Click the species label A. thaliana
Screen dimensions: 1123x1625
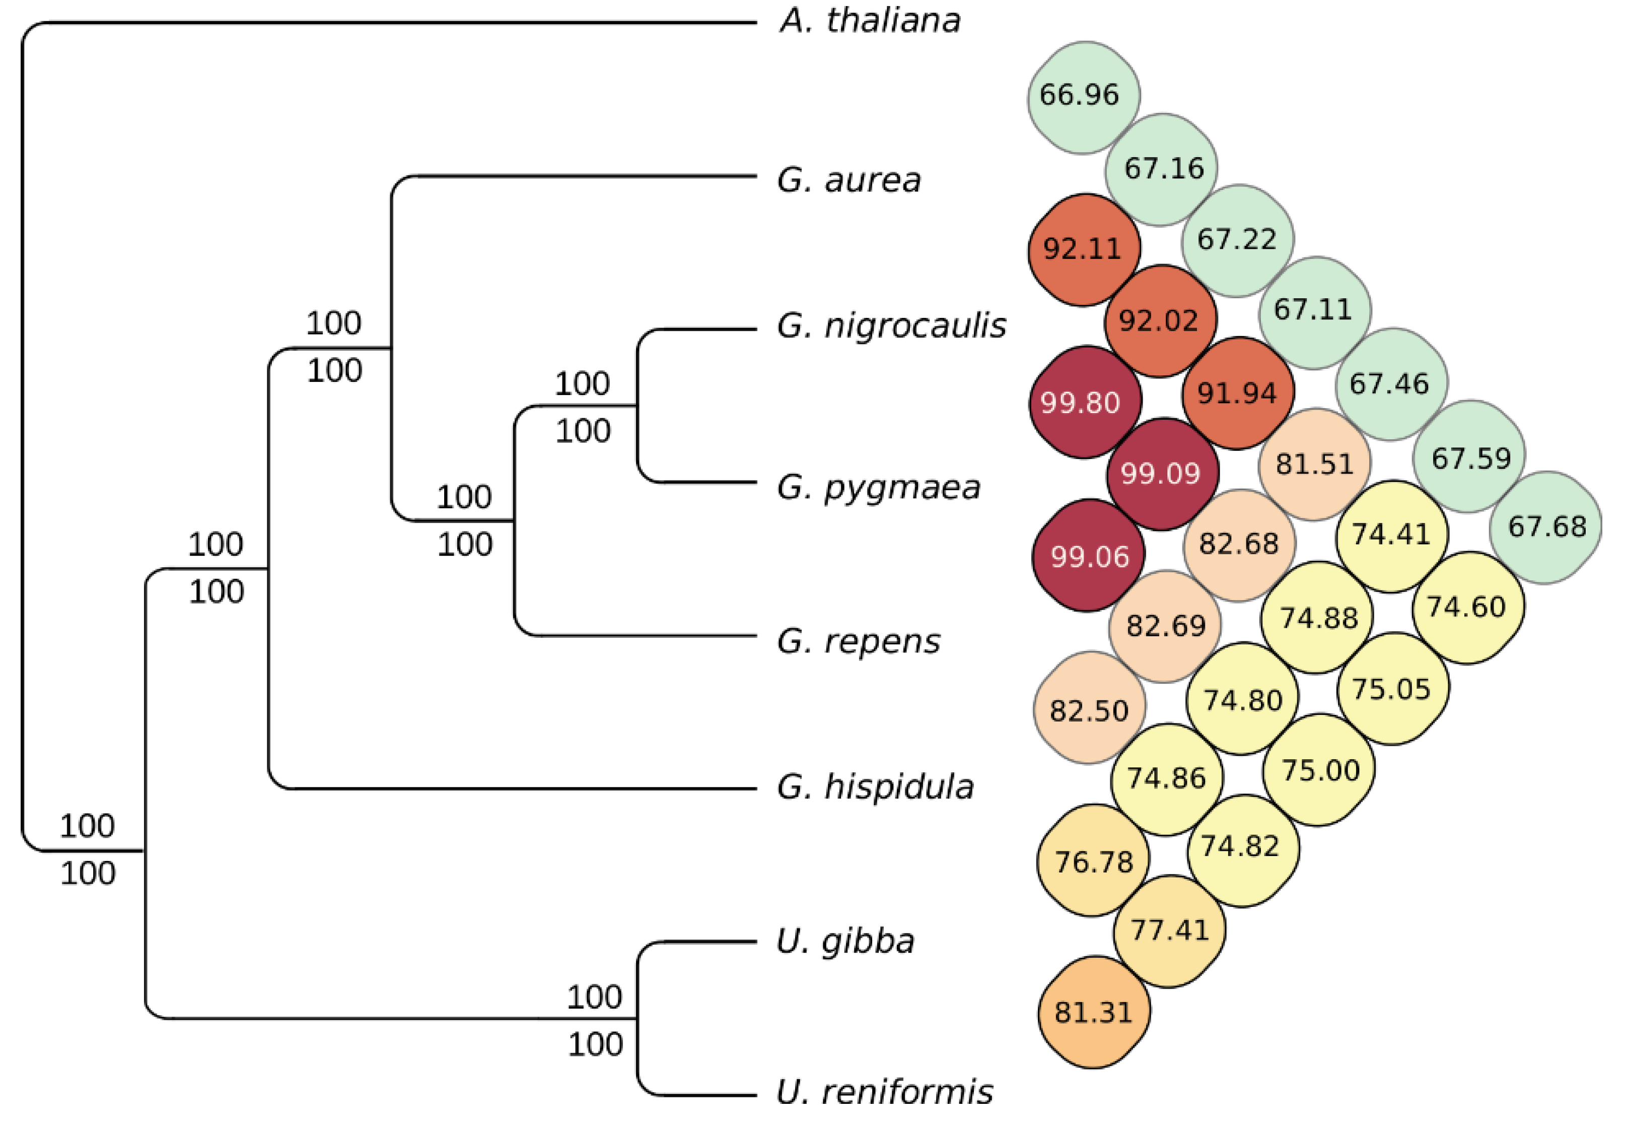(870, 21)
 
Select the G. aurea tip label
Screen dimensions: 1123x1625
(849, 180)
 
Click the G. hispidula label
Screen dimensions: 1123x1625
(875, 786)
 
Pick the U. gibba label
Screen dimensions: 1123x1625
(844, 941)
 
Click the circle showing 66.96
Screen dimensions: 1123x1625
(1083, 96)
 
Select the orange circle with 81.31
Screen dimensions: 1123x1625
(1093, 1012)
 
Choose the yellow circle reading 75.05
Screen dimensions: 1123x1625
(1391, 689)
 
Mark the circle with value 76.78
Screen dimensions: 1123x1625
(1093, 861)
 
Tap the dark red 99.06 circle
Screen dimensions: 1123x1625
(1089, 556)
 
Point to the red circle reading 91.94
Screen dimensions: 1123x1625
(1238, 392)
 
